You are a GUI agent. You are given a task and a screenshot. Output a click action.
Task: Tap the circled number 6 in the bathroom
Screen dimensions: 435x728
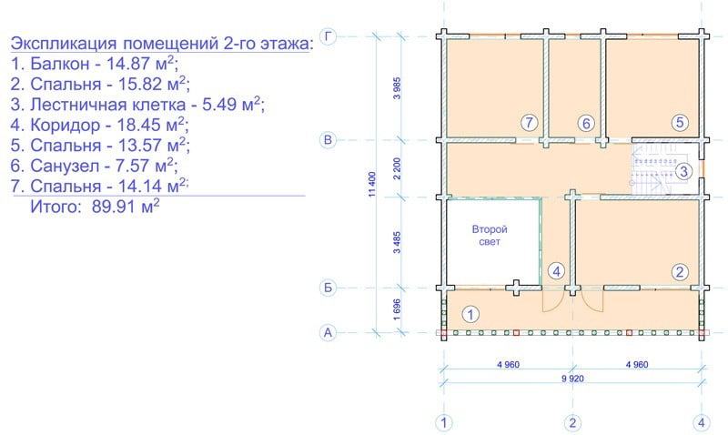pyautogui.click(x=586, y=123)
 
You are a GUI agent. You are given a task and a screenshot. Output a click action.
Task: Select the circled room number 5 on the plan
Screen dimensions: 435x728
pyautogui.click(x=679, y=122)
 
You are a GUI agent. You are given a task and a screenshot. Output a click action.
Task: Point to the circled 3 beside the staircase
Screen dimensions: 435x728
pyautogui.click(x=684, y=170)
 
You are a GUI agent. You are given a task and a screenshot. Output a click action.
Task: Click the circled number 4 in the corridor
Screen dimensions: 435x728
pyautogui.click(x=557, y=270)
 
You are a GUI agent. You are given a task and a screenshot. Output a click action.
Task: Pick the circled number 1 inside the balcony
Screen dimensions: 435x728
pyautogui.click(x=470, y=315)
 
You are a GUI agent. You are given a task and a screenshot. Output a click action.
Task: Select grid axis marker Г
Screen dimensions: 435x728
pyautogui.click(x=329, y=36)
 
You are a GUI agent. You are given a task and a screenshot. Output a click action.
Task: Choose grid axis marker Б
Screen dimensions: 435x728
pyautogui.click(x=329, y=288)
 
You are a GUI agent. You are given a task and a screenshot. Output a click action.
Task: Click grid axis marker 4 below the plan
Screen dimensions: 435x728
pyautogui.click(x=702, y=422)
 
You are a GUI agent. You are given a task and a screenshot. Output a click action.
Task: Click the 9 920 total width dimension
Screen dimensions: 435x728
pyautogui.click(x=571, y=380)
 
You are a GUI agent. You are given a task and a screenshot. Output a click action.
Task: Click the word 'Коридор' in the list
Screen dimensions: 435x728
pyautogui.click(x=63, y=125)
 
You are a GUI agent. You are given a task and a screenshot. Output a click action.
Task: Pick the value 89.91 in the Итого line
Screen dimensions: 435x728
pyautogui.click(x=112, y=207)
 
